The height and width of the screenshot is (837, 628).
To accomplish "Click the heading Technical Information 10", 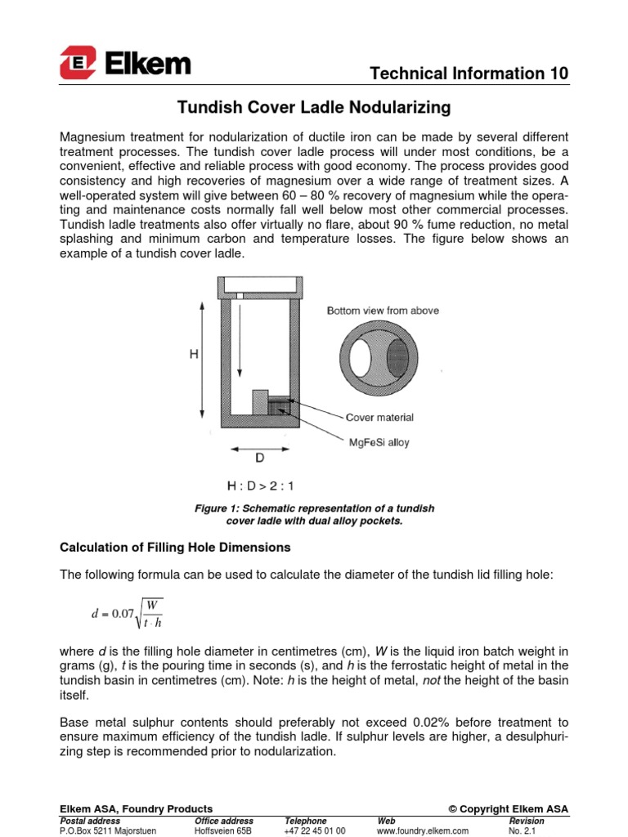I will click(x=469, y=74).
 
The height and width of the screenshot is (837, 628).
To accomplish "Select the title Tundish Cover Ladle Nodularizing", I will click(x=314, y=107).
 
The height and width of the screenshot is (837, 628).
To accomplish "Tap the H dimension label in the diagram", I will click(x=194, y=355).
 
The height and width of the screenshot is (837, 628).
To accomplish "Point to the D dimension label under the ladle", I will click(x=260, y=459).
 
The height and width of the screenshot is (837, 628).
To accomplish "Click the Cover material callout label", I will click(x=379, y=417).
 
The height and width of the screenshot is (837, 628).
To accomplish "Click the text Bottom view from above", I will click(x=383, y=311).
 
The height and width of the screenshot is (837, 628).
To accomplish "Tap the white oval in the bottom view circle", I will click(x=361, y=359).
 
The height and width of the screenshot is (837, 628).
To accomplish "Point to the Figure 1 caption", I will click(x=314, y=514).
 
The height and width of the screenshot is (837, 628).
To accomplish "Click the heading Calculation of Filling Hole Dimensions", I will click(x=175, y=546).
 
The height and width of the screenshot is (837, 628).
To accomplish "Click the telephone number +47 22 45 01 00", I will click(x=315, y=830).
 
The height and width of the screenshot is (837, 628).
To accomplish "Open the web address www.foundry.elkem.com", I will click(x=423, y=830).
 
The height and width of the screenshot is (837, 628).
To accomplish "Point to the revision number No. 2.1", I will click(x=520, y=830).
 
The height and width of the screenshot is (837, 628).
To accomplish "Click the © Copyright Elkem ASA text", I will click(x=508, y=809).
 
